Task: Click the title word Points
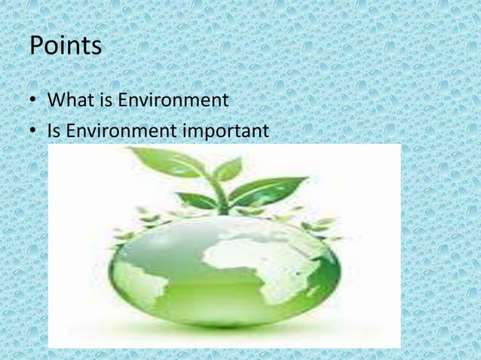[x=65, y=47]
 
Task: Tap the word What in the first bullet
[x=67, y=99]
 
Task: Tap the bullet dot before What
[x=34, y=101]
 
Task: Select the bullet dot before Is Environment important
[x=34, y=133]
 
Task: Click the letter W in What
[x=57, y=99]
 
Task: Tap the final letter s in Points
[x=95, y=48]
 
